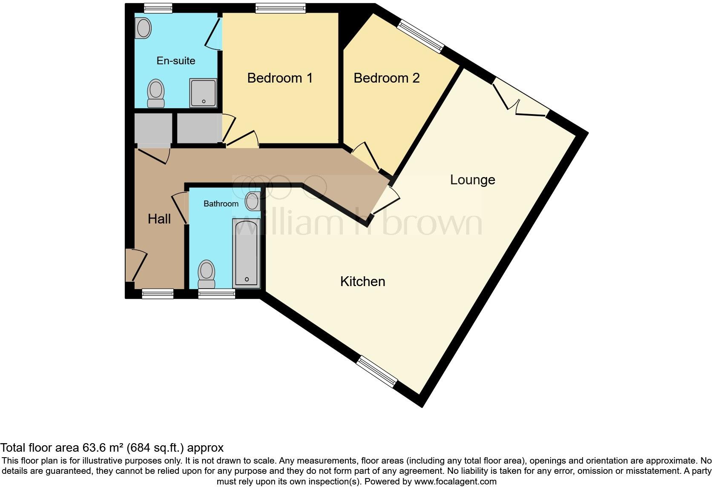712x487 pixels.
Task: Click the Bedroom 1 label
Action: [x=280, y=78]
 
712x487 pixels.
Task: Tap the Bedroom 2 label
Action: [x=386, y=78]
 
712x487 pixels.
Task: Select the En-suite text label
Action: [x=176, y=61]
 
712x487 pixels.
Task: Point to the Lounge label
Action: [x=472, y=180]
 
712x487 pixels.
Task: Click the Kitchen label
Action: [x=362, y=281]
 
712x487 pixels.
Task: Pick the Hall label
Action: [x=159, y=219]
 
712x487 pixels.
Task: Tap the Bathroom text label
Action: [x=221, y=203]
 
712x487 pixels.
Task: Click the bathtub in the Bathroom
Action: [x=246, y=253]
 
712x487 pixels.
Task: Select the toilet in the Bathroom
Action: [x=207, y=275]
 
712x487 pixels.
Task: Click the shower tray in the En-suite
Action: [x=203, y=92]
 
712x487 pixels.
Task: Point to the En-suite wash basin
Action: [x=144, y=29]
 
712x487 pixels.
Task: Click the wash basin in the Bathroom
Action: [x=253, y=201]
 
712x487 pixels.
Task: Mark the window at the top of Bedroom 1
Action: [x=280, y=8]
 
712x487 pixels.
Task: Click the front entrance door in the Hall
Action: [x=135, y=265]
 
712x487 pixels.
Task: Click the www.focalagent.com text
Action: [x=455, y=481]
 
